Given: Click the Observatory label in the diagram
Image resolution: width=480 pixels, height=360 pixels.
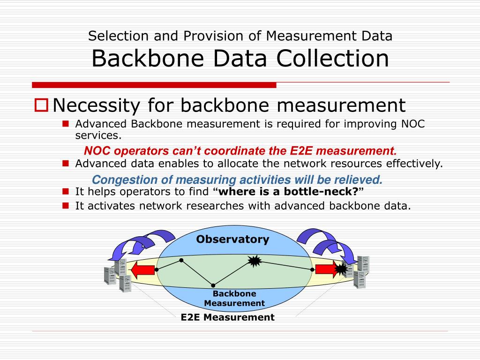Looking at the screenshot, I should click(232, 240).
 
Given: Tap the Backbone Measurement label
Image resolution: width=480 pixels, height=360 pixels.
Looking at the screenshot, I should click(234, 298).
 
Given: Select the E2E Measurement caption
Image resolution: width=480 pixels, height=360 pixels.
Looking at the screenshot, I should click(227, 317).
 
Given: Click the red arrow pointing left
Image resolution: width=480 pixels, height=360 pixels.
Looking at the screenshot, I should click(142, 270).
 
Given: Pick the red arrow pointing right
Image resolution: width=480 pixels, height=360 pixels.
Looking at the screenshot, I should click(326, 270).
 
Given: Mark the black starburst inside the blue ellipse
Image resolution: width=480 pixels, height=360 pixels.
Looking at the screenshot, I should click(254, 261).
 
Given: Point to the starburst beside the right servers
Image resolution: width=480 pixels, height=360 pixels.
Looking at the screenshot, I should click(342, 269).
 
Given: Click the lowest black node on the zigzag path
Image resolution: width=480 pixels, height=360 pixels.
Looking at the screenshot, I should click(213, 285).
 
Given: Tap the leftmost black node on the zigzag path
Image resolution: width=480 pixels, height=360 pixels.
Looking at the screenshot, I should click(157, 270).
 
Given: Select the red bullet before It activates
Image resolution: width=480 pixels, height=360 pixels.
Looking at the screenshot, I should click(66, 205).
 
